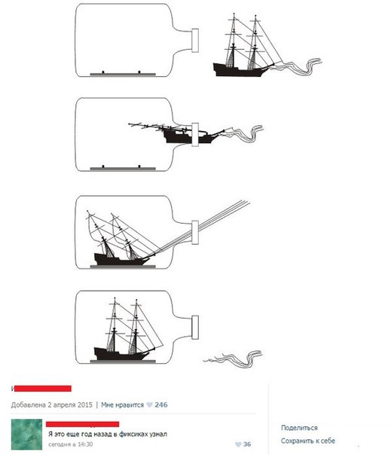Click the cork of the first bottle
195,41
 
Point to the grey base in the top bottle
123,75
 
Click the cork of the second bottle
195,134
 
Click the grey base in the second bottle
123,168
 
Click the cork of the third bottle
195,233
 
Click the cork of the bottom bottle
195,328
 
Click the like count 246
161,405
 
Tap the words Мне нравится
122,405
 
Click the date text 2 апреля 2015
70,405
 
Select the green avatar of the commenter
26,435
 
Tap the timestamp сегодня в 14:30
71,444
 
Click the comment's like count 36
247,444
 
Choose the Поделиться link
299,428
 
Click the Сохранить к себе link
308,441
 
